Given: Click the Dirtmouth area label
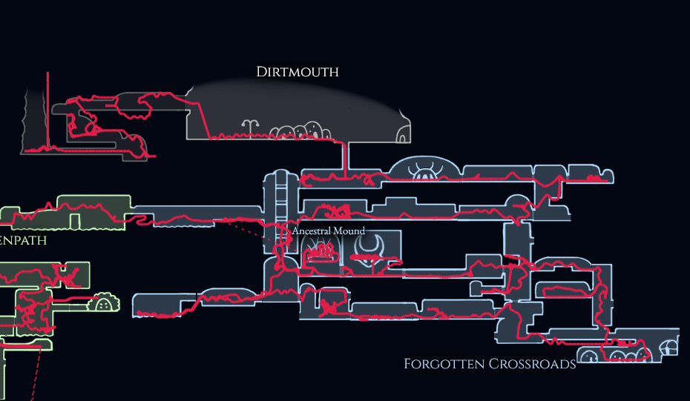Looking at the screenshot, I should (x=298, y=72).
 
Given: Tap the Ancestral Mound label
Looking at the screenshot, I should (x=329, y=231).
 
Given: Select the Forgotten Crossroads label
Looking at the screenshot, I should (x=490, y=364).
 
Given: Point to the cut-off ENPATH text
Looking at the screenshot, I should (x=23, y=240).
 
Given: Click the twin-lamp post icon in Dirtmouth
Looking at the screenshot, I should (x=253, y=127).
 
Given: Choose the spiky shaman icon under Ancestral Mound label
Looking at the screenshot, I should (x=322, y=252).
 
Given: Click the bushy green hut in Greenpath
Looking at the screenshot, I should (x=105, y=302).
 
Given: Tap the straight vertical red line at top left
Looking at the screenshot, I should (x=48, y=104).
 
